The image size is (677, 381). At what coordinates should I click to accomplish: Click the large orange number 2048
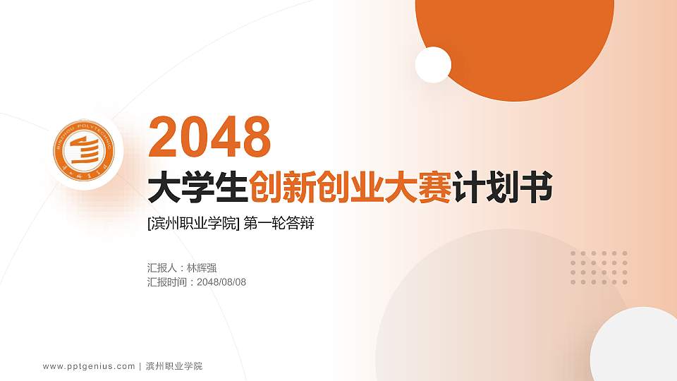210,138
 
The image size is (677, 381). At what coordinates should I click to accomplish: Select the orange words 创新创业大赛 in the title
350,188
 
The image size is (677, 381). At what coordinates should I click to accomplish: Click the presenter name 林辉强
202,268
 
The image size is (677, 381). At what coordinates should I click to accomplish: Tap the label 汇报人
161,268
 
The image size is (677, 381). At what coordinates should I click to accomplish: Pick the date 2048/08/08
221,282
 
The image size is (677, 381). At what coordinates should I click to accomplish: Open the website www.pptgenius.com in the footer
89,366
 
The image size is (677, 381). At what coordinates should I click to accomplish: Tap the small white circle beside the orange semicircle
433,65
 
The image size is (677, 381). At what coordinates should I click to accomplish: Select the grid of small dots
599,267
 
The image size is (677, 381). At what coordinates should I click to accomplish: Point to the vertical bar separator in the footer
140,366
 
